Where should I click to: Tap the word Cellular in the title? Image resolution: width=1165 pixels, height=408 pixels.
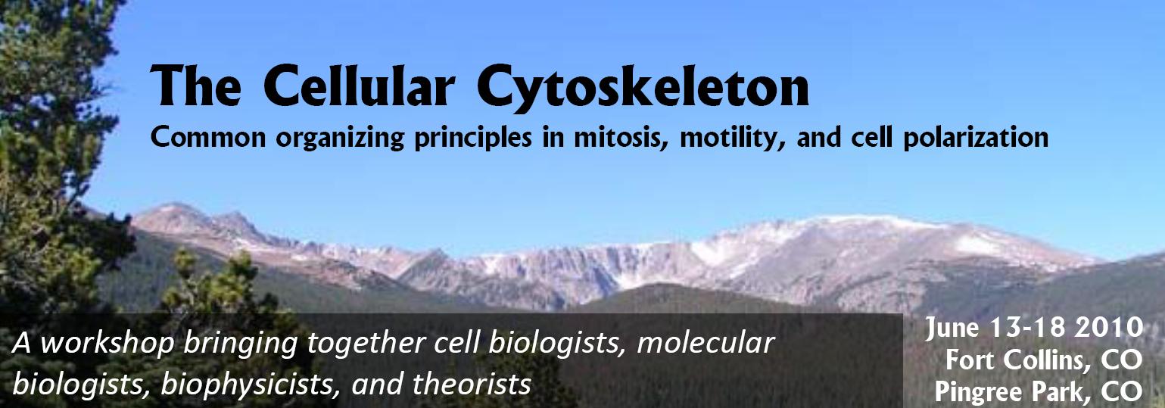pos(359,86)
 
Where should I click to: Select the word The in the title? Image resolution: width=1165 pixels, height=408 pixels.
pos(195,86)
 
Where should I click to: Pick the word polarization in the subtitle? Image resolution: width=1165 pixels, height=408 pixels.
pos(976,139)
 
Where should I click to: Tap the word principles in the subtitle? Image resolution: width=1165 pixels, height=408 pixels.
pos(473,139)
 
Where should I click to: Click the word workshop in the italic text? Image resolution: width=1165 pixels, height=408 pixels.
pos(107,344)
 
